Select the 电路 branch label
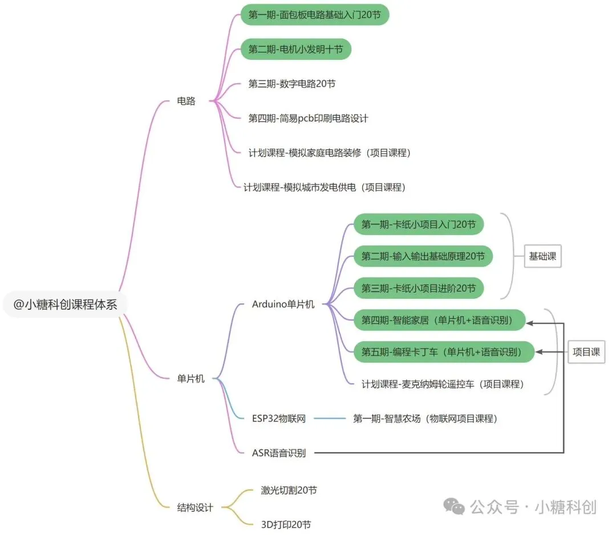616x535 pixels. click(x=187, y=101)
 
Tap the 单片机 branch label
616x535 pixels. click(x=191, y=378)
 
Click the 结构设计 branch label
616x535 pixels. click(x=195, y=507)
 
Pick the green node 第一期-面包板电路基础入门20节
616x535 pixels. click(x=314, y=15)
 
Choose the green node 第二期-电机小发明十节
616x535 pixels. click(x=295, y=50)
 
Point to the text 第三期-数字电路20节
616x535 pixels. click(x=292, y=84)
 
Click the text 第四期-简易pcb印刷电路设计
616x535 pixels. click(x=308, y=118)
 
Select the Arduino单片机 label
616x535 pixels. click(x=283, y=304)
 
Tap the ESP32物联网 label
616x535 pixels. click(x=279, y=419)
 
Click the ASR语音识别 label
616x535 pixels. click(x=279, y=453)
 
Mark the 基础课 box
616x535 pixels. click(x=542, y=256)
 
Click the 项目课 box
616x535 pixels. click(x=586, y=352)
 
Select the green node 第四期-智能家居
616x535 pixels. click(x=442, y=321)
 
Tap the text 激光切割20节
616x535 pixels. click(x=289, y=490)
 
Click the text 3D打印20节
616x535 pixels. click(x=286, y=524)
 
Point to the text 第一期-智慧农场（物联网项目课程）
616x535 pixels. click(x=425, y=419)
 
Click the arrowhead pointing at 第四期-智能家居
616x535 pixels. click(x=530, y=323)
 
